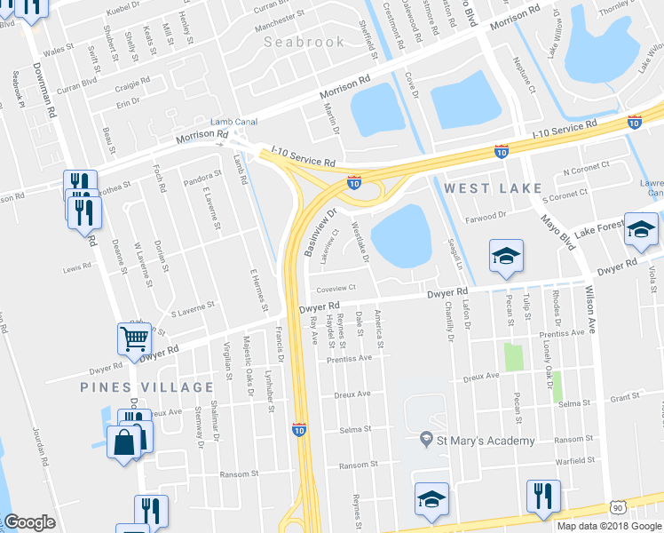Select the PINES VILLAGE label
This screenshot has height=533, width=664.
pyautogui.click(x=147, y=387)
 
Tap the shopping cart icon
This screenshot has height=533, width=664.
pyautogui.click(x=133, y=338)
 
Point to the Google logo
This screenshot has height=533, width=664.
pyautogui.click(x=29, y=523)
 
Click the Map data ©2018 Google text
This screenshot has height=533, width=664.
pyautogui.click(x=609, y=526)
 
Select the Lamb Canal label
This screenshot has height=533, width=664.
pyautogui.click(x=233, y=122)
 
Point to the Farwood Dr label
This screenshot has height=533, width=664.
pyautogui.click(x=485, y=215)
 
